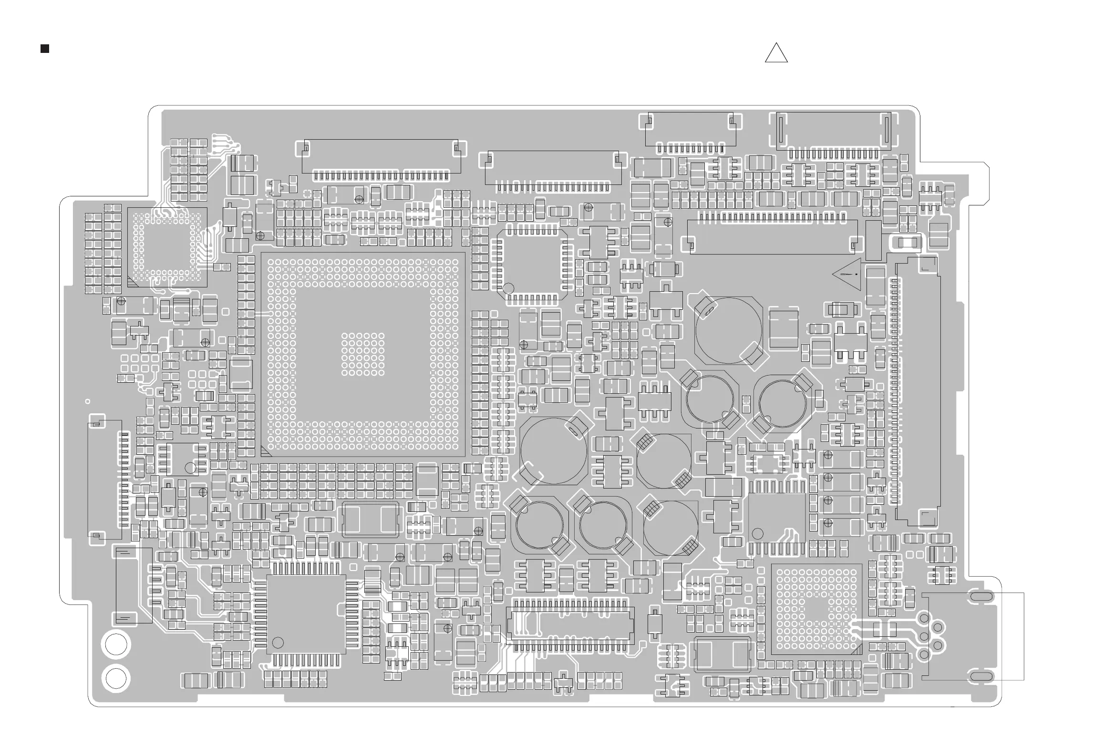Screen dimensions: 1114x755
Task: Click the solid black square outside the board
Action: (x=44, y=49)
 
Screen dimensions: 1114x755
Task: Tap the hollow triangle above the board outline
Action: (x=776, y=54)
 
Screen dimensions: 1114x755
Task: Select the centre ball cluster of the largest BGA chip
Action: (x=363, y=354)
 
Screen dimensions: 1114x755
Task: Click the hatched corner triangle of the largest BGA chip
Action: (x=266, y=451)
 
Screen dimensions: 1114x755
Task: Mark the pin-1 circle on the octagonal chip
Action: (x=508, y=288)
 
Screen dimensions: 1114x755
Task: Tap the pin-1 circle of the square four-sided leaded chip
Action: (x=278, y=643)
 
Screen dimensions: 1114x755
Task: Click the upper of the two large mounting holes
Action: (x=116, y=644)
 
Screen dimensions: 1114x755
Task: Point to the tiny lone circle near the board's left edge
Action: (x=87, y=401)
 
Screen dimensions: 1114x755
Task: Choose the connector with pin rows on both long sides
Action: (x=570, y=625)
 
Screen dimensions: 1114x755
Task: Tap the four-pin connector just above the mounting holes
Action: (x=134, y=585)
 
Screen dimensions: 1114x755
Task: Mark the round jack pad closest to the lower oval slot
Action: (x=924, y=653)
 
